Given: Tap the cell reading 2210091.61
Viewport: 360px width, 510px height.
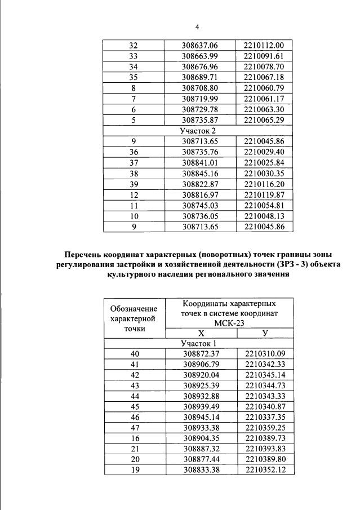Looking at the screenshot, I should point(264,56).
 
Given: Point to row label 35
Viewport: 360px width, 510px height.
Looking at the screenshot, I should point(133,77).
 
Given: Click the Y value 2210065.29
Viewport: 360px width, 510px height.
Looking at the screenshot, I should point(264,120).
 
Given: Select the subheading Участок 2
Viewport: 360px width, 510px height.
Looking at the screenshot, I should point(197,131).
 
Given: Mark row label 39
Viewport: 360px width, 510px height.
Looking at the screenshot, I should point(133,184).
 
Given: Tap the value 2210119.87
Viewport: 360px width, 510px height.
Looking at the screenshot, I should point(264,195).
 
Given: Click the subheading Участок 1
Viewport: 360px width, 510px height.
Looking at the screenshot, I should point(198,344).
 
